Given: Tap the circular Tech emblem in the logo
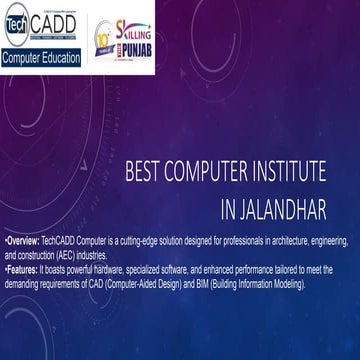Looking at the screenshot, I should click(16, 22).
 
